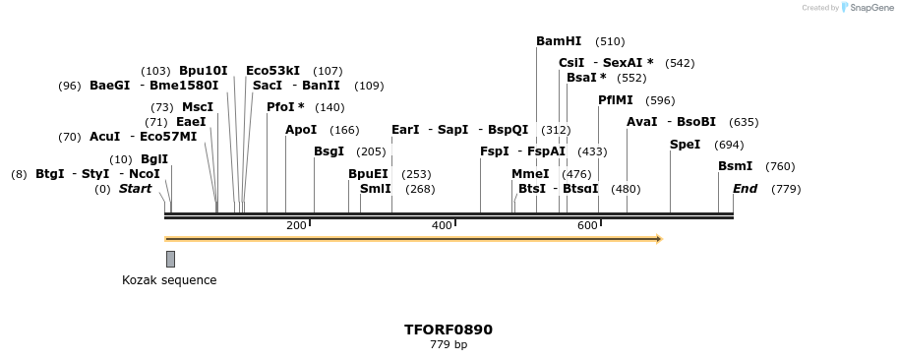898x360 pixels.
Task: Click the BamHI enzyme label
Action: click(559, 41)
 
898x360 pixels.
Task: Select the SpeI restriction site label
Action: click(685, 144)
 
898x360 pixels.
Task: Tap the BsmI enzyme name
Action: click(735, 166)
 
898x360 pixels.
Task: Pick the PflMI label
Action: click(615, 100)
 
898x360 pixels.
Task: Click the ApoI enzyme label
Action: click(301, 130)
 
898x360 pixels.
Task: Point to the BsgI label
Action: click(329, 151)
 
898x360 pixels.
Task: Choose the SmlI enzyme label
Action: click(376, 189)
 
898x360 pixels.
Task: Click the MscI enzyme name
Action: click(198, 107)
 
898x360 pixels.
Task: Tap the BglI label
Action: click(154, 159)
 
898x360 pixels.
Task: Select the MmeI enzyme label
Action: click(530, 174)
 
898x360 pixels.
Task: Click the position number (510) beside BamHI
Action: click(610, 41)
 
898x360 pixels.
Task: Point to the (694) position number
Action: click(729, 145)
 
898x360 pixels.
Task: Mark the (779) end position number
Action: click(786, 189)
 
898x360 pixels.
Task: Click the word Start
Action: click(136, 189)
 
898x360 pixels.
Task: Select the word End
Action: click(745, 189)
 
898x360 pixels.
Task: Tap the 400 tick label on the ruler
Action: click(442, 226)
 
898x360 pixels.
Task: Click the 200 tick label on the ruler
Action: click(296, 226)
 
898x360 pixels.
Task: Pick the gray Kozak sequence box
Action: click(170, 259)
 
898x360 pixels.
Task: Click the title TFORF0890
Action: click(449, 330)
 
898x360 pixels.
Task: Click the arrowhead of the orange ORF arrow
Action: click(659, 239)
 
